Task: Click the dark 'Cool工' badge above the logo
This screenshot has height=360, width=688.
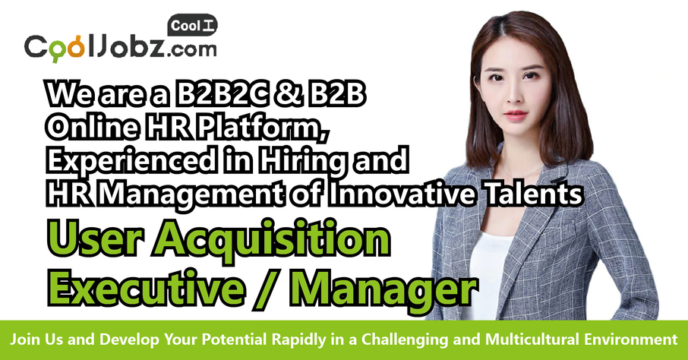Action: click(192, 26)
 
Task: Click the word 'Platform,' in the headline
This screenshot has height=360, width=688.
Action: click(261, 128)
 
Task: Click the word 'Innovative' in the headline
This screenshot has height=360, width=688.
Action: click(401, 193)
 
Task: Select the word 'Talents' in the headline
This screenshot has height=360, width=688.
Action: click(532, 193)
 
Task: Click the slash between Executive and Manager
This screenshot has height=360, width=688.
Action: click(267, 290)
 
